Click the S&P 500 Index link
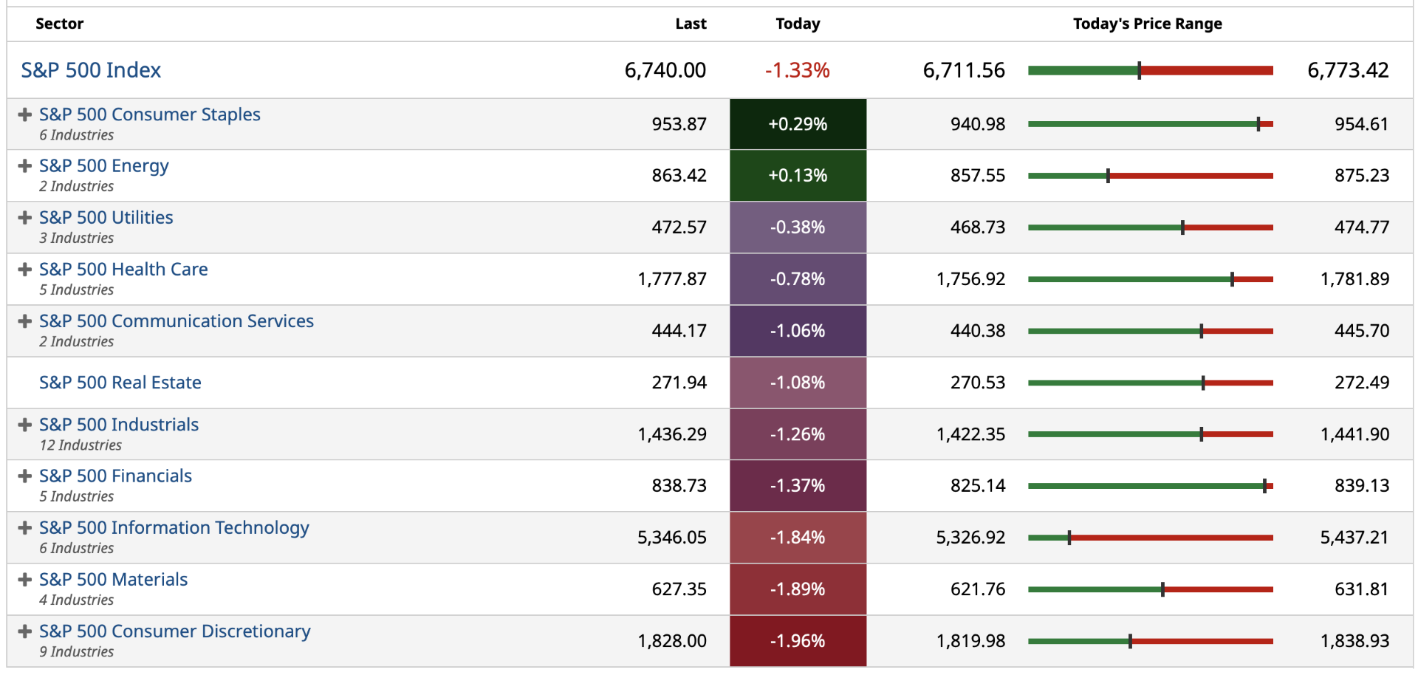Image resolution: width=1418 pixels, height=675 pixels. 91,70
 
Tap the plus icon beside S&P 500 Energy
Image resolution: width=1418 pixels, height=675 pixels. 25,166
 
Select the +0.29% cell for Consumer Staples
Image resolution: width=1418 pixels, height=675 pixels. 798,124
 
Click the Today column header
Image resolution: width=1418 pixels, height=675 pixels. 798,24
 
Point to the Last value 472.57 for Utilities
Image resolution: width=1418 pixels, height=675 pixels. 679,227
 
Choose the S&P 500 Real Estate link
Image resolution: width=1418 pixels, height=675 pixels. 120,383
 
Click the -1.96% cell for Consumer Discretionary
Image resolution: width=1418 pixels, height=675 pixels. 798,641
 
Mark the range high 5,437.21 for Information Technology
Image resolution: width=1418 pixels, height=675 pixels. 1354,538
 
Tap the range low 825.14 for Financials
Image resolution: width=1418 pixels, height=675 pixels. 978,486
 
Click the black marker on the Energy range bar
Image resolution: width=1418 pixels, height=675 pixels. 1108,176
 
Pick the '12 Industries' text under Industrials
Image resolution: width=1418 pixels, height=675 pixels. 81,445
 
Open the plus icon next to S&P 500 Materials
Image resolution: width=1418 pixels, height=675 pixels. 25,580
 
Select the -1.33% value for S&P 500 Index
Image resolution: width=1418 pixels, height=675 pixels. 798,70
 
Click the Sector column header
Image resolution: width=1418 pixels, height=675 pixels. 60,24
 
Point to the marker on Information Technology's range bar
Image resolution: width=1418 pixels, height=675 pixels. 1069,538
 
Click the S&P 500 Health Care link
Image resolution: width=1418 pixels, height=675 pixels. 123,270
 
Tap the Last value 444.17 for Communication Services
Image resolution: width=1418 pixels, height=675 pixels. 679,331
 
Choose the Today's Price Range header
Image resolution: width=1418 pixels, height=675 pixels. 1147,24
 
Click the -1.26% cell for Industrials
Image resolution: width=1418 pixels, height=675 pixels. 798,434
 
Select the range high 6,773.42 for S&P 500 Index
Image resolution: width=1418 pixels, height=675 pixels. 1348,70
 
